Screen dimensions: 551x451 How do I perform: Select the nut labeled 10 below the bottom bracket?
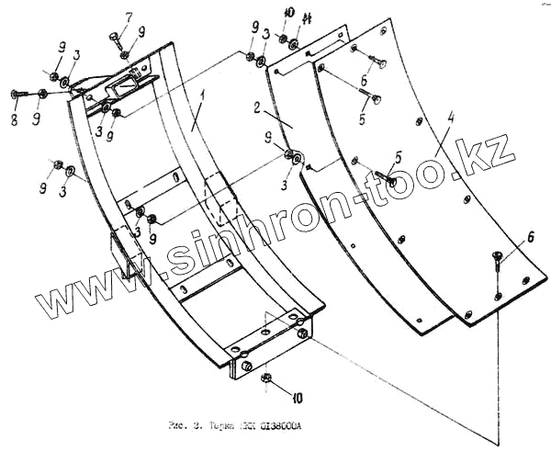click(265, 378)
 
